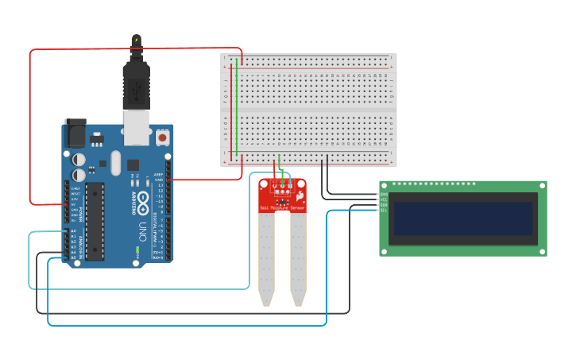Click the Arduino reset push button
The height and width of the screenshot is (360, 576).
163,137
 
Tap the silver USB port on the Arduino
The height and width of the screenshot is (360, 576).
136,127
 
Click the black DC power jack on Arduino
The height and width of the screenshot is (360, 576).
75,134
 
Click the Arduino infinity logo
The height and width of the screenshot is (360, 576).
143,199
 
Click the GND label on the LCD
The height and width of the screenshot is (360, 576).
384,194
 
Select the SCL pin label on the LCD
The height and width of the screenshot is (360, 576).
384,210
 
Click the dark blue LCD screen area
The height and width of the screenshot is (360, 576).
462,218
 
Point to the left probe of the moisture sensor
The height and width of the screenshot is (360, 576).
266,258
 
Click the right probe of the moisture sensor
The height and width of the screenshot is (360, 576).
298,258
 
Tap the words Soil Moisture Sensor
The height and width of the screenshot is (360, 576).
282,208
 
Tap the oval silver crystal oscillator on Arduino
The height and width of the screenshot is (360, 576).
115,163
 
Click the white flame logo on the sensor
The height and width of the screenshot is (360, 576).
300,195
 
